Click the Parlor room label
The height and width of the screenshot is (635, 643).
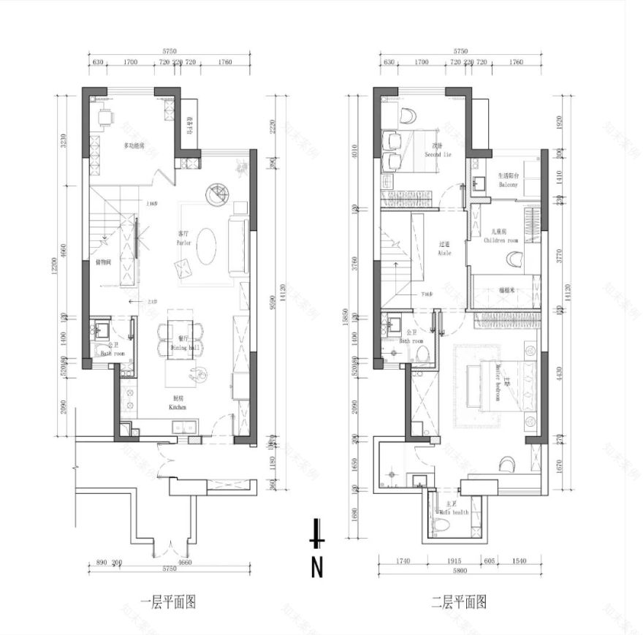pos(183,239)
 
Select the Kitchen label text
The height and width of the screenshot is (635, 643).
pos(177,403)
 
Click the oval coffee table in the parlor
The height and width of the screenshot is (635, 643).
pos(207,245)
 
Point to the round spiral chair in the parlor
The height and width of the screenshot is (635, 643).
pos(217,193)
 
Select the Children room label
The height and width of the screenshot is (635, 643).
pos(504,236)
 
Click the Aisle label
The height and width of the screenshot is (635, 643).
pos(444,249)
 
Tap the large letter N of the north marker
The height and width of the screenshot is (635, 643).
pos(317,567)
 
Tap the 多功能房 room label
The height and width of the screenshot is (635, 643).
pos(134,146)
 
